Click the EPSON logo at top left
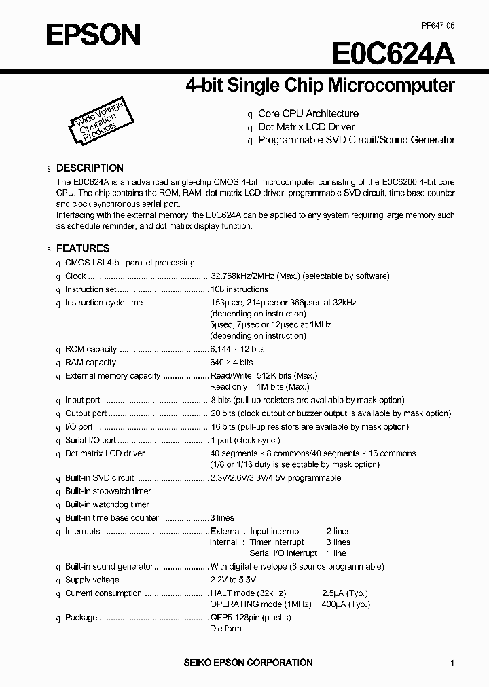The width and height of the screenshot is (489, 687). [x=93, y=34]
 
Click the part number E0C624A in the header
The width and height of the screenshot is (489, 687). [x=394, y=54]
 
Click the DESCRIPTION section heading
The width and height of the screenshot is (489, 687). [x=90, y=168]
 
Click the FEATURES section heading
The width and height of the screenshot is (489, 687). [x=83, y=248]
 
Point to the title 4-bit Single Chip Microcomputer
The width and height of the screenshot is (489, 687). [x=320, y=86]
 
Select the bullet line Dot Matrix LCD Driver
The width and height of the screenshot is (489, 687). [x=306, y=127]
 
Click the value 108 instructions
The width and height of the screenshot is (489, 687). [x=239, y=289]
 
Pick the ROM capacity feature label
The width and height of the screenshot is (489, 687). [x=91, y=349]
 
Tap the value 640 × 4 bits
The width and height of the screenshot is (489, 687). [x=232, y=363]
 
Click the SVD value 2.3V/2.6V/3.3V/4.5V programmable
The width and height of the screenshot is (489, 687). [x=275, y=478]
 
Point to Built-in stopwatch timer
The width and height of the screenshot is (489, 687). [x=108, y=491]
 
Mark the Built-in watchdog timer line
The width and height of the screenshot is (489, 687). [x=107, y=504]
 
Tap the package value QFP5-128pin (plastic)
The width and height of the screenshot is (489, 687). [x=251, y=618]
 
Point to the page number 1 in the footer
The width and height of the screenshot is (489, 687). [x=452, y=663]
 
